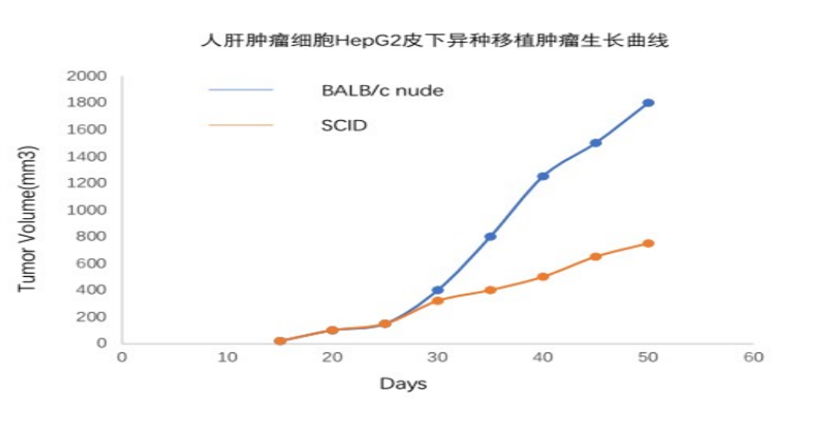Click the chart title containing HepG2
[x=435, y=41]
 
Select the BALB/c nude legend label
[x=382, y=90]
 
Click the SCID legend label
[x=344, y=126]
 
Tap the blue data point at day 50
[x=648, y=103]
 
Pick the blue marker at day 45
[x=596, y=143]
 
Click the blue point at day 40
[x=543, y=176]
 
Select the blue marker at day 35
[x=490, y=237]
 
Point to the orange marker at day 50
[x=648, y=243]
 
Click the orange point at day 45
[x=596, y=256]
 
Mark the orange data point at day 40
[x=543, y=277]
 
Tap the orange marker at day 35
[x=490, y=290]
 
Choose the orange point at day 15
[x=280, y=341]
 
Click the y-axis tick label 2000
[x=86, y=76]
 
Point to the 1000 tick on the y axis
[x=86, y=210]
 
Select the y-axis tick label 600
[x=91, y=264]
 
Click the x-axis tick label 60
[x=753, y=357]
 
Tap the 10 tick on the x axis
[x=227, y=357]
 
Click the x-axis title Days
[x=404, y=384]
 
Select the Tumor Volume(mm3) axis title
[x=27, y=219]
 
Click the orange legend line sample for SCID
[x=241, y=125]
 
